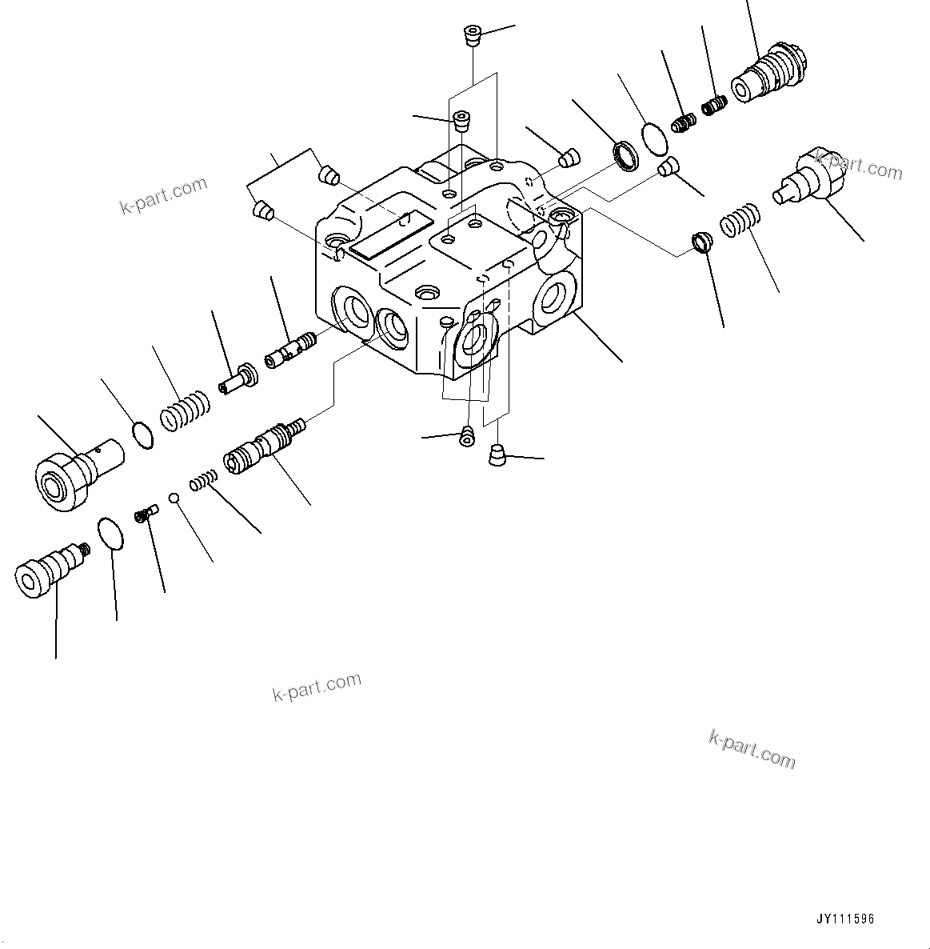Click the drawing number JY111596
point(845,919)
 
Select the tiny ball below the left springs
point(173,499)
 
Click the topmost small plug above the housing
point(472,35)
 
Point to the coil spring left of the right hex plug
point(740,220)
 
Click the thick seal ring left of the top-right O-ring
point(625,154)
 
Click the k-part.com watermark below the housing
point(317,687)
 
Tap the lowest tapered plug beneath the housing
point(497,456)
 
